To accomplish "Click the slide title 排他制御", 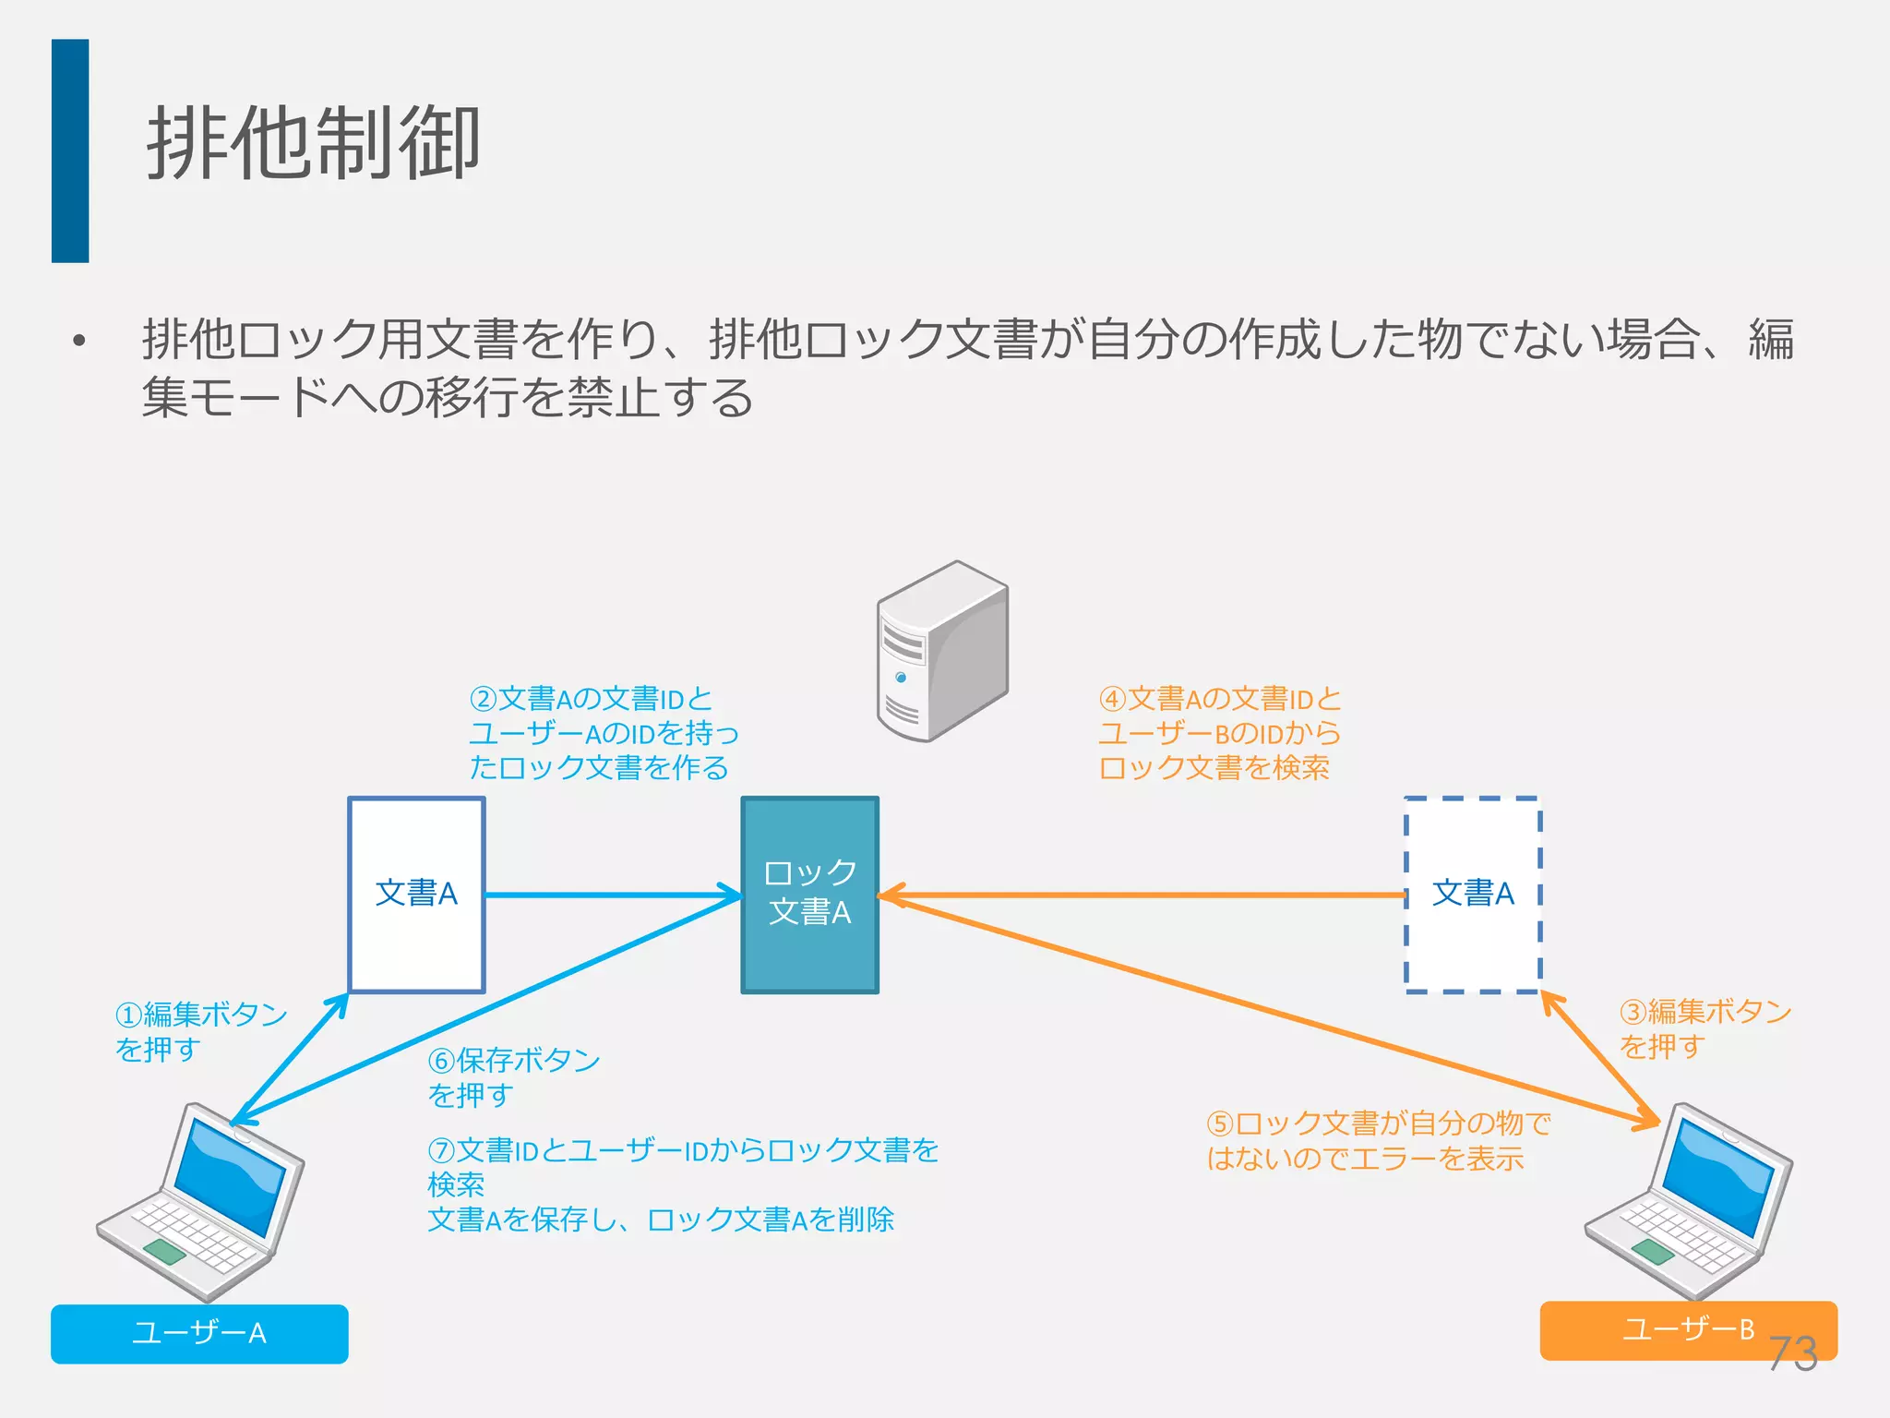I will tap(314, 143).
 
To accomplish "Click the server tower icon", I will tap(941, 651).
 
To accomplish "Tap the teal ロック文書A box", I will tap(810, 894).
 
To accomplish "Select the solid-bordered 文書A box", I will tap(416, 894).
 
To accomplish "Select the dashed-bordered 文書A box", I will tap(1473, 894).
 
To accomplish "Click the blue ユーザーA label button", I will tap(199, 1333).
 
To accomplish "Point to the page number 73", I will tap(1792, 1353).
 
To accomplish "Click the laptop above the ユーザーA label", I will tap(201, 1200).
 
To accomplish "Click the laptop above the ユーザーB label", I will tap(1689, 1200).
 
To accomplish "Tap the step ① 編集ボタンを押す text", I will tap(200, 1031).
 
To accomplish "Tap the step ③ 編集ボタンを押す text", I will tap(1705, 1028).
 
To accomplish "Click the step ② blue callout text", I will tap(603, 733).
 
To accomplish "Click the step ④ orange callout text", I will tap(1218, 733).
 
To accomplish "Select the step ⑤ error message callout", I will tap(1378, 1140).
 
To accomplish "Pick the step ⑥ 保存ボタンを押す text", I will tap(513, 1076).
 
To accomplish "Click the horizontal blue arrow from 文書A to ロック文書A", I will tap(609, 895).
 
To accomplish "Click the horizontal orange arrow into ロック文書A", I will tap(1144, 895).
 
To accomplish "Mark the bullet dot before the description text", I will tap(79, 341).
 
